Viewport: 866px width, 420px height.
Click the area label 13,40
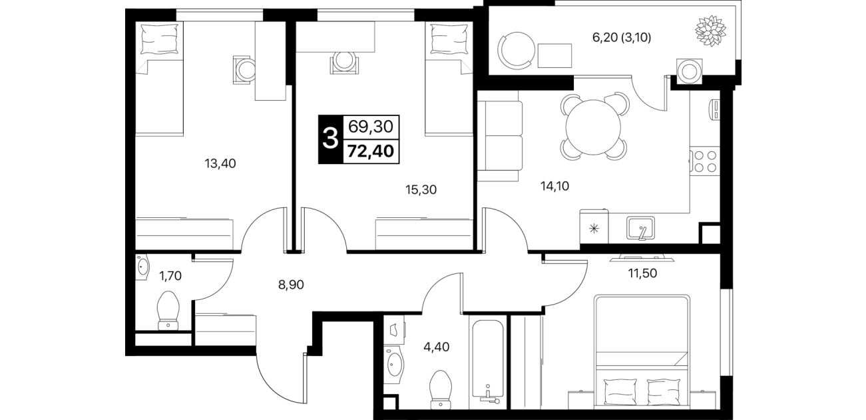(220, 164)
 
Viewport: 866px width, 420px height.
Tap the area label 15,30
(421, 190)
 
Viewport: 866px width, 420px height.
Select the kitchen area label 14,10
(554, 186)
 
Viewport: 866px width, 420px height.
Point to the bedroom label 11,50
(642, 273)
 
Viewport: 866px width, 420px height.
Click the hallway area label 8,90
(291, 285)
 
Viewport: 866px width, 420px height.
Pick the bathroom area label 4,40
(437, 347)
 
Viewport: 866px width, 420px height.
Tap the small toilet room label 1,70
(170, 276)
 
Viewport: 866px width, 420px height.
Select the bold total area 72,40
(371, 151)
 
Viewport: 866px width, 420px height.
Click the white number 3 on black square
(330, 139)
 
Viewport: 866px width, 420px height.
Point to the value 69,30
(371, 126)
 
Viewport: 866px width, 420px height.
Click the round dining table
(593, 127)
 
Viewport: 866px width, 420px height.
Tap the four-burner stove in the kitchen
(705, 161)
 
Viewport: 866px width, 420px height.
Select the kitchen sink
(640, 228)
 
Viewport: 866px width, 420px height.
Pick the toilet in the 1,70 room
(168, 311)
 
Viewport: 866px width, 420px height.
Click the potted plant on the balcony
(711, 31)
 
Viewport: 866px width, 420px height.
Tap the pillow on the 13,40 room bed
(160, 39)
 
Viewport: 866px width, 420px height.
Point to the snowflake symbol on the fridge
(594, 229)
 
